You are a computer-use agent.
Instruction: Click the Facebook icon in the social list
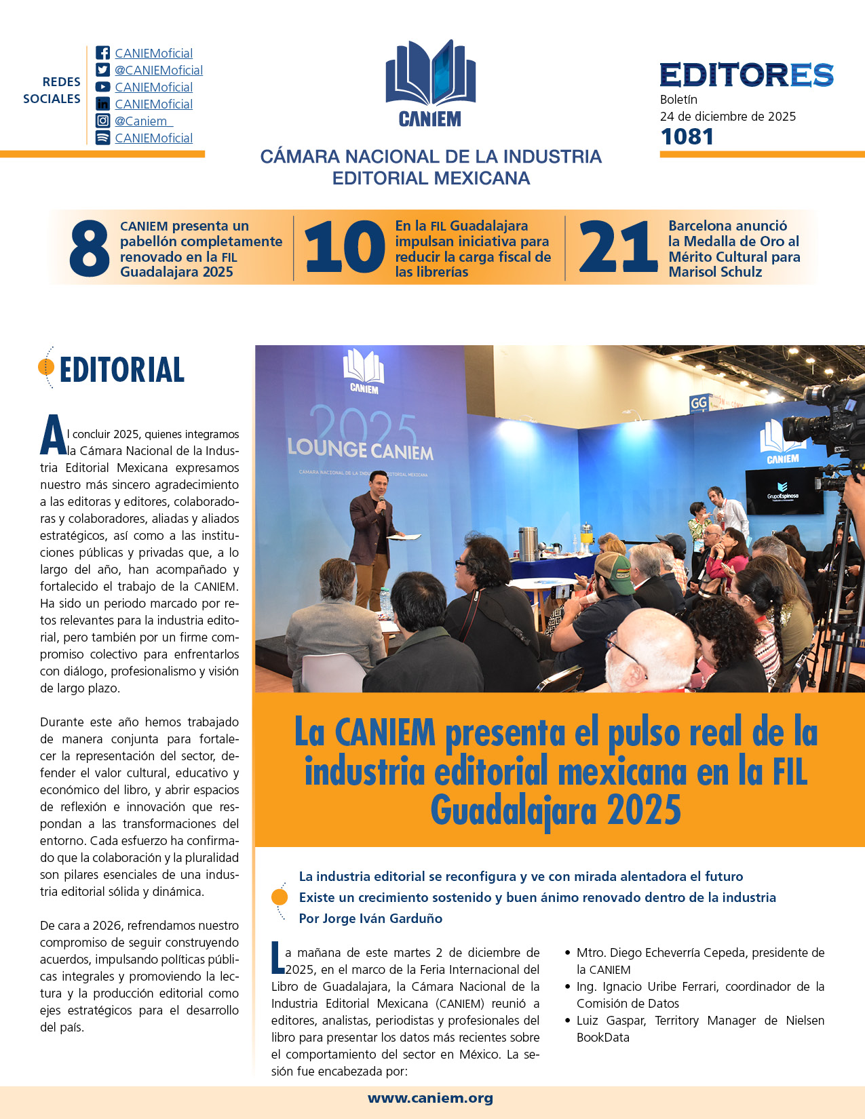tap(102, 53)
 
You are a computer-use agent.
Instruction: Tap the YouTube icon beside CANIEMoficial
tap(102, 87)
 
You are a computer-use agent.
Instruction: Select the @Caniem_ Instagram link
tap(143, 121)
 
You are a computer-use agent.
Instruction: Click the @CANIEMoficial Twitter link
tap(158, 71)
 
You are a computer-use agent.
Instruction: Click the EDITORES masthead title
tap(746, 75)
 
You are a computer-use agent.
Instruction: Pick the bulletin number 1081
tap(687, 136)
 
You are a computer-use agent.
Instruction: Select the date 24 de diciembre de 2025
tap(727, 116)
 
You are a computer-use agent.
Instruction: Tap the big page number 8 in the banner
tap(89, 249)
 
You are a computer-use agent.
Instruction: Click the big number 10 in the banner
tap(344, 248)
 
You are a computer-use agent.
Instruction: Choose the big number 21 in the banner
tap(617, 248)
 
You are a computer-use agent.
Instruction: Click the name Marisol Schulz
tap(715, 272)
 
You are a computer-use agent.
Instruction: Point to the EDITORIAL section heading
tap(122, 370)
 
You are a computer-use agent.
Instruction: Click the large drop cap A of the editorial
tap(53, 436)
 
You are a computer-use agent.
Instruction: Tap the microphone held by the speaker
tap(381, 502)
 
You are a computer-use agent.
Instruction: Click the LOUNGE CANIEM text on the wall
tap(360, 449)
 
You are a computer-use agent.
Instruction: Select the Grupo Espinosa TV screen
tap(784, 491)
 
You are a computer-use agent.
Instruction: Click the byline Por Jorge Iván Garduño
tap(370, 918)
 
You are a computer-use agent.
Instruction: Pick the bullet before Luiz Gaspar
tap(567, 1020)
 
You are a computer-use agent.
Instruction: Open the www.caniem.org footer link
tap(430, 1098)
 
